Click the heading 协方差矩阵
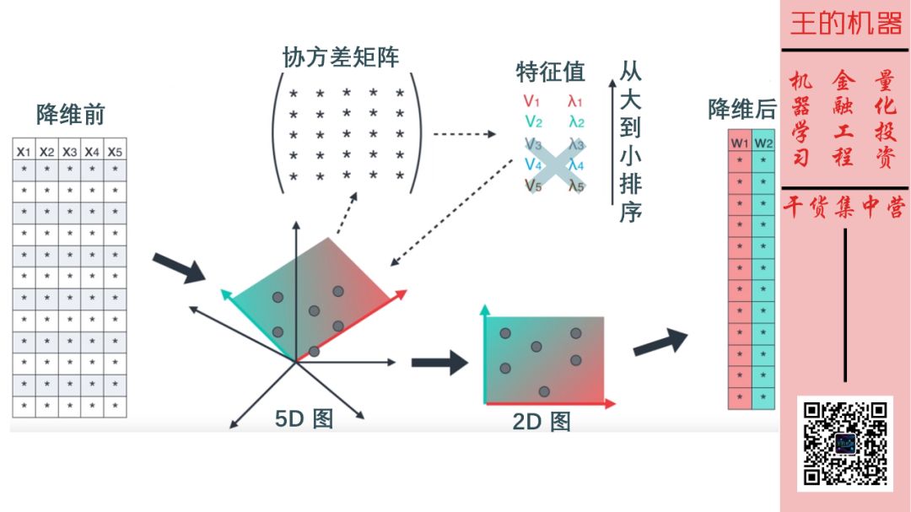[342, 57]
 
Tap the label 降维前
[71, 114]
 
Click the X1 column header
[24, 152]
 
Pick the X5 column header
[115, 152]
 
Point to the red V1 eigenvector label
[531, 102]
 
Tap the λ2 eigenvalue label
[576, 122]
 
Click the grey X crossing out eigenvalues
[553, 164]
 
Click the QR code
[845, 444]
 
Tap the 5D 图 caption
[305, 418]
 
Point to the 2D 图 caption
[542, 421]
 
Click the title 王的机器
[845, 24]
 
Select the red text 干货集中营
[845, 208]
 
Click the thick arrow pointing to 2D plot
[439, 363]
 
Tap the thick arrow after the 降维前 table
[179, 267]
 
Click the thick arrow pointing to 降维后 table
[660, 341]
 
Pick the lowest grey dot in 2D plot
[544, 391]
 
